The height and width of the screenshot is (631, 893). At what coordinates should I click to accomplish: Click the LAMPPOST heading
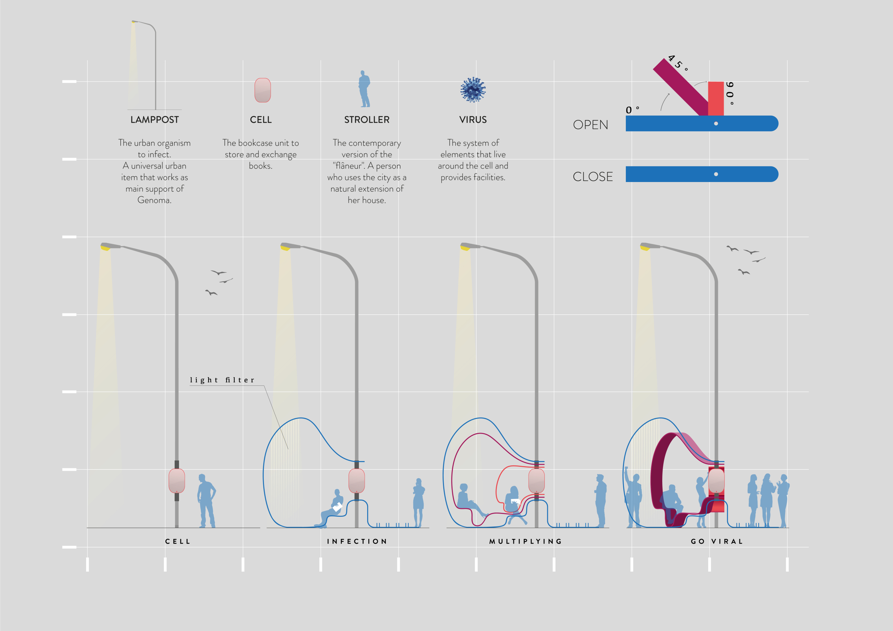pos(154,120)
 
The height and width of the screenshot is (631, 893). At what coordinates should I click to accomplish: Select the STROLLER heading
pos(366,120)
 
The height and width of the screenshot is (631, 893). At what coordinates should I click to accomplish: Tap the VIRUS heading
pos(473,120)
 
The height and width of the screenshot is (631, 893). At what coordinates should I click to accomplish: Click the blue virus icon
pos(473,90)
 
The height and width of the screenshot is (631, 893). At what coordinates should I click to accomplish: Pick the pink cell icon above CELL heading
pos(263,90)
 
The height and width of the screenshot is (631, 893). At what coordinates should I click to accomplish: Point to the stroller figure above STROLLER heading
pos(364,89)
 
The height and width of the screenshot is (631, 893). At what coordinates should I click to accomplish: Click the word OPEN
pos(590,125)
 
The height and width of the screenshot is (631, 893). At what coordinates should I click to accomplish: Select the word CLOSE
pos(592,177)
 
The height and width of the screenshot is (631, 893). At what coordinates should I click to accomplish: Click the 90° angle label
pos(730,93)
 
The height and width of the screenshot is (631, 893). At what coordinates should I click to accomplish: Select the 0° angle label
pos(632,110)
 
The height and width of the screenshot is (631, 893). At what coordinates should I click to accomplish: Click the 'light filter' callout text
pos(222,380)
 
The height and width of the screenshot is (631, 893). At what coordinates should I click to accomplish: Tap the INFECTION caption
pos(357,541)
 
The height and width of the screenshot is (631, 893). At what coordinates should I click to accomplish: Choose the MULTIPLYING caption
pos(525,541)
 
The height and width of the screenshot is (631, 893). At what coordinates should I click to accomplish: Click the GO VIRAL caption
pos(717,541)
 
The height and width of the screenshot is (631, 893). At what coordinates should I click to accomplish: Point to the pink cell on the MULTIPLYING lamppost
pos(537,481)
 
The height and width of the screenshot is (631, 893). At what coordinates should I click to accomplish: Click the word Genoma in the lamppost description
pos(154,200)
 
